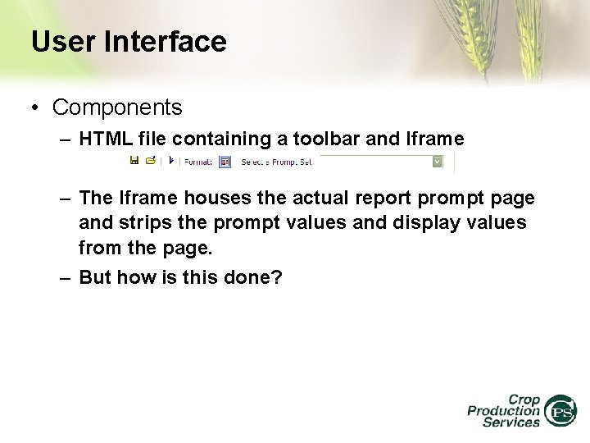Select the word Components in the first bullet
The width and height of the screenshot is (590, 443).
[x=117, y=107]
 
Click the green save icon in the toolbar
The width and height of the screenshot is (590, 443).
[x=134, y=161]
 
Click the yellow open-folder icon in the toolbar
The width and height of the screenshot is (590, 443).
[x=150, y=161]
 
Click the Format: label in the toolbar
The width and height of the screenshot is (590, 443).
[x=197, y=162]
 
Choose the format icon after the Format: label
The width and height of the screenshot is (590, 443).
[x=225, y=162]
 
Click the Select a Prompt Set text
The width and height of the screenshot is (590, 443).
[x=277, y=162]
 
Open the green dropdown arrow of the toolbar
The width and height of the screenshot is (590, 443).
[x=437, y=162]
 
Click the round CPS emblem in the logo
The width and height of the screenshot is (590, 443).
[x=561, y=410]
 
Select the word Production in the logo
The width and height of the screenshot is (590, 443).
[x=503, y=410]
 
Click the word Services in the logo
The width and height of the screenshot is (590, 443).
[x=511, y=422]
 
